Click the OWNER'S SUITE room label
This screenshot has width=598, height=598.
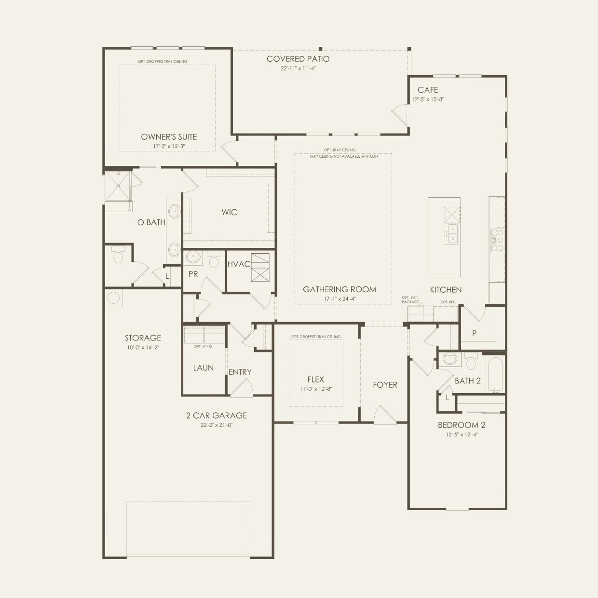(169, 137)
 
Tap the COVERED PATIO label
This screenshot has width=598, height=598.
(298, 59)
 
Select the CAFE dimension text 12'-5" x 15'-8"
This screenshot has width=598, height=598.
(427, 99)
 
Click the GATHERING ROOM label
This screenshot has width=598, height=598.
(340, 289)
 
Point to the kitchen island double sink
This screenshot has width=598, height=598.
(452, 233)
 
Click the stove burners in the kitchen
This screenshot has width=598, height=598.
(497, 240)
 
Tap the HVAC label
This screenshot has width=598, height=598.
(239, 264)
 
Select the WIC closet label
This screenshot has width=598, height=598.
(229, 212)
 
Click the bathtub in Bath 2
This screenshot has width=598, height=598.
(495, 374)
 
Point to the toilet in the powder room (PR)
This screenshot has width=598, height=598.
(214, 259)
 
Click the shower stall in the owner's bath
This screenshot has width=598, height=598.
(118, 186)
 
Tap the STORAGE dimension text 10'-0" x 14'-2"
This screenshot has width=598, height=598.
(143, 347)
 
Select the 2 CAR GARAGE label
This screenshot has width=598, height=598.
(217, 415)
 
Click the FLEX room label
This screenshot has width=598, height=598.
(315, 380)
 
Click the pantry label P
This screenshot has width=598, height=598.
(474, 333)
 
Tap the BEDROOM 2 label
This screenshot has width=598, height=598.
(462, 425)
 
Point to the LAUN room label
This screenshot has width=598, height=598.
(203, 368)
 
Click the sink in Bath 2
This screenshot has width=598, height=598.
(449, 358)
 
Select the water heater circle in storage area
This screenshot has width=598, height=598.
(113, 298)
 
